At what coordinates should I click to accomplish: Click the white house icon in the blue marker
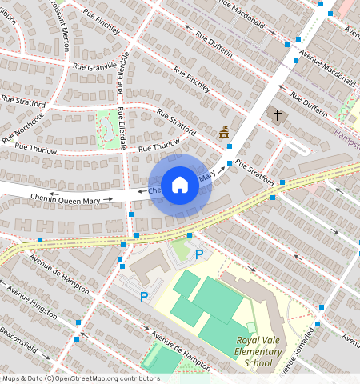coord(180,186)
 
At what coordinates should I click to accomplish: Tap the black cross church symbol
coord(278,115)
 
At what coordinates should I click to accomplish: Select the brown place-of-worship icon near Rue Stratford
coord(224,132)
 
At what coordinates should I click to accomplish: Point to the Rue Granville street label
coord(94,66)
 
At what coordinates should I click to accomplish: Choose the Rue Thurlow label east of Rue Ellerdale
coord(158,146)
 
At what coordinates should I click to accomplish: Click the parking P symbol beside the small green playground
coord(199,254)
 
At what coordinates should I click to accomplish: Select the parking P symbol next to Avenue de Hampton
coord(144,297)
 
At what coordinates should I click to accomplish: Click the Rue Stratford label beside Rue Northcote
coord(22,101)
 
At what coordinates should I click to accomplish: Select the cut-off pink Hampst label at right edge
coord(347,135)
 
